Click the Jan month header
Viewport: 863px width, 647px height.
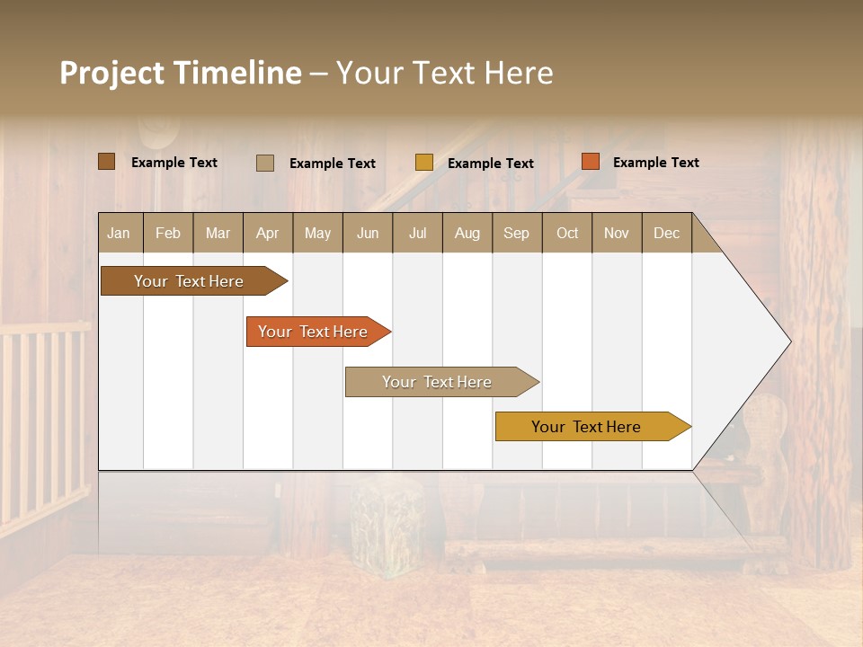point(119,233)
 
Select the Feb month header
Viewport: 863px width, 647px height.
point(168,233)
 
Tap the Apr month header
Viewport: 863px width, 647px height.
point(267,233)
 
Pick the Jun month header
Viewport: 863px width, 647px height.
point(368,233)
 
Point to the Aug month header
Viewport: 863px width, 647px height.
point(467,233)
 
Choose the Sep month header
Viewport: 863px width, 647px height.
point(516,233)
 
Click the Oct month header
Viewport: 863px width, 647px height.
point(567,233)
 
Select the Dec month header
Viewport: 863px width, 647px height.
point(666,233)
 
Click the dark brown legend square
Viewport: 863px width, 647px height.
point(106,162)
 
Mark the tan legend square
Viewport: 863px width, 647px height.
point(264,163)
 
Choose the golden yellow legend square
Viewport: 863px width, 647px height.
point(423,163)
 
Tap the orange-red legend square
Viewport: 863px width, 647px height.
point(590,162)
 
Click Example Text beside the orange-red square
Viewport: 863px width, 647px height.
point(655,163)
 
